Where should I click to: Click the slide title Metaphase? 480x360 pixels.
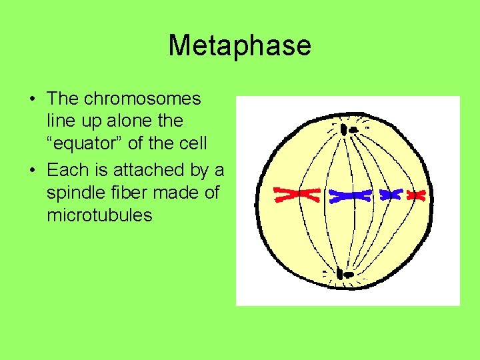tap(239, 45)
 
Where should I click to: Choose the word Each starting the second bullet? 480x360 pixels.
tap(68, 169)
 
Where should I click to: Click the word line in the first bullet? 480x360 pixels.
tap(58, 122)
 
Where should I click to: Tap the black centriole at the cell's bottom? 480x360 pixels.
tap(345, 273)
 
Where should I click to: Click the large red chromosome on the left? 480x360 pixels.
tap(297, 194)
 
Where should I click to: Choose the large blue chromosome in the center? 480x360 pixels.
tap(351, 195)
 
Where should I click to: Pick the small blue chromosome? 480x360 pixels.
tap(391, 195)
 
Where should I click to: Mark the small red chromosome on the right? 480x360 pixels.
tap(417, 195)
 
